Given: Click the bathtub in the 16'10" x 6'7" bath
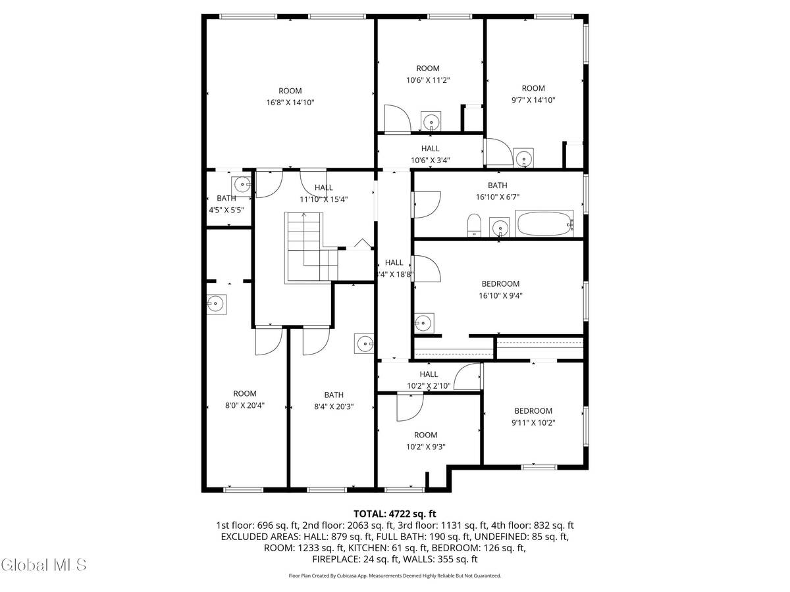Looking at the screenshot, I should click(x=544, y=224).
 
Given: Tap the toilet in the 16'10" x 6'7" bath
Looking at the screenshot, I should click(x=473, y=225).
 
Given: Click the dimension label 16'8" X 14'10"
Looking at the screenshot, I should click(x=290, y=103).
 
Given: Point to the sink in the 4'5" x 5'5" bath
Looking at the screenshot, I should click(x=241, y=184).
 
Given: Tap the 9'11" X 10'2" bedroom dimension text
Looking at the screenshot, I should click(x=533, y=423).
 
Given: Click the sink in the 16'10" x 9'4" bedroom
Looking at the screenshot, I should click(x=423, y=323).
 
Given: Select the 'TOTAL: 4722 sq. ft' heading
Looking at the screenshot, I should click(x=395, y=513).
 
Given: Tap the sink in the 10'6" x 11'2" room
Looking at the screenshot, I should click(x=431, y=121).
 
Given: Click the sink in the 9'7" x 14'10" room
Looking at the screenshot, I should click(x=524, y=158).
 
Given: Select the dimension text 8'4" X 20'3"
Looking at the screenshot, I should click(x=334, y=407).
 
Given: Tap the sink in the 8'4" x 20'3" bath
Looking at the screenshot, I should click(x=365, y=343).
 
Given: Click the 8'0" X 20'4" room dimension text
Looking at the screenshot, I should click(x=244, y=406).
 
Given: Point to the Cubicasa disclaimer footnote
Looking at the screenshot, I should click(x=395, y=576).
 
